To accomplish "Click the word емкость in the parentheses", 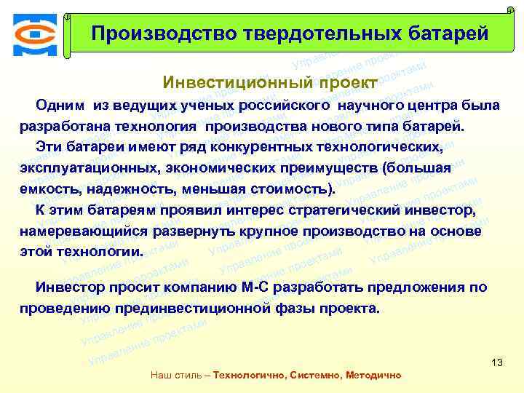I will pyautogui.click(x=48, y=189).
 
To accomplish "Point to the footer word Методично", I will pyautogui.click(x=372, y=376).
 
